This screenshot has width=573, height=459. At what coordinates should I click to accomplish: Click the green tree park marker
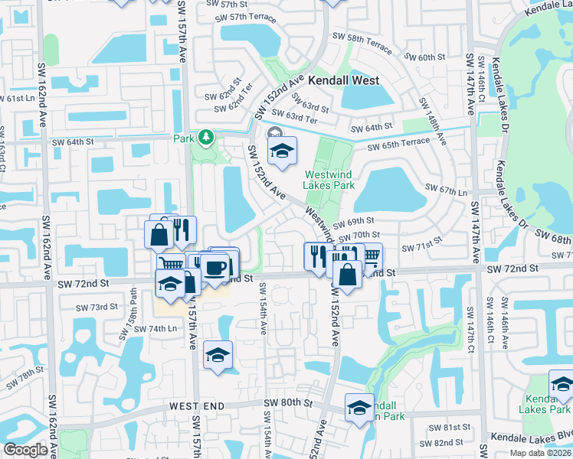pyautogui.click(x=205, y=138)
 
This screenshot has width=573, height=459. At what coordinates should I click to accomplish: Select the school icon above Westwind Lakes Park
pyautogui.click(x=282, y=151)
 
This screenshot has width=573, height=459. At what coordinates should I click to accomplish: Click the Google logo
pyautogui.click(x=25, y=450)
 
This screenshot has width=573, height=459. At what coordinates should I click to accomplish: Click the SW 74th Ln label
pyautogui.click(x=156, y=328)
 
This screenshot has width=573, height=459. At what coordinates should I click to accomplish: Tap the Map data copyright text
pyautogui.click(x=539, y=453)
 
